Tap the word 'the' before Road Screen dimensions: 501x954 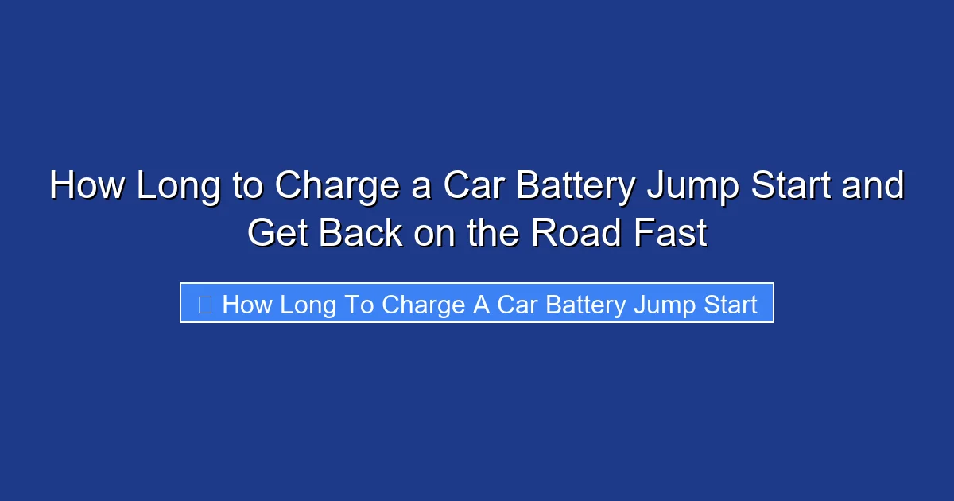(494, 233)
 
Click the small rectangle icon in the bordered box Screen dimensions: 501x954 (204, 305)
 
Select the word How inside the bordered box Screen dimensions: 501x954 (247, 305)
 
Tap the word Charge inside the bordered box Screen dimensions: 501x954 (424, 305)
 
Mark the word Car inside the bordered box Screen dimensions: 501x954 (515, 305)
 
